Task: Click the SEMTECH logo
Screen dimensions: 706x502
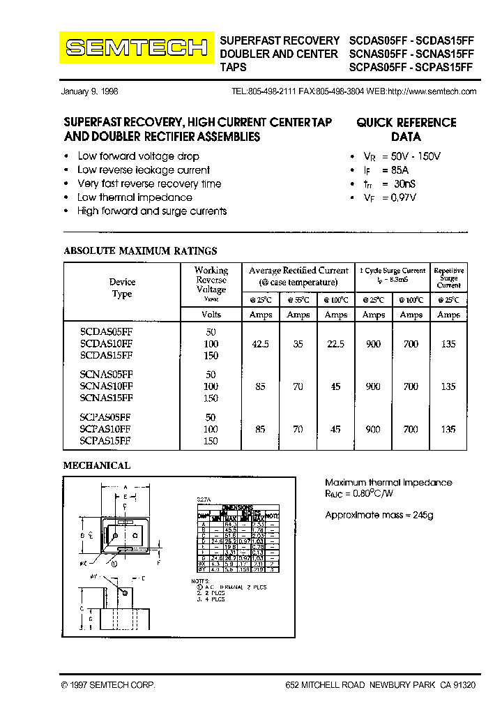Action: point(137,47)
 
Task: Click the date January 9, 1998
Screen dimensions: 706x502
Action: point(90,91)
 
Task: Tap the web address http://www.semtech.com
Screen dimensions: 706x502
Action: point(432,91)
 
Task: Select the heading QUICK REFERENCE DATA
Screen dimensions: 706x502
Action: point(406,130)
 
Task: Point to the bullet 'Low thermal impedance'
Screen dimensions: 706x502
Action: point(135,197)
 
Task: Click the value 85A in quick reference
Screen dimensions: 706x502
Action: point(400,170)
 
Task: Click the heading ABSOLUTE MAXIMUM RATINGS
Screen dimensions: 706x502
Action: point(140,250)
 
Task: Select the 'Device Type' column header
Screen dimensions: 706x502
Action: point(122,288)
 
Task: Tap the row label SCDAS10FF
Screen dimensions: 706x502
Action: point(106,343)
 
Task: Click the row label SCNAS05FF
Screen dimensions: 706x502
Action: point(106,374)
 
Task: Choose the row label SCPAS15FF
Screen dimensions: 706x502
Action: point(105,441)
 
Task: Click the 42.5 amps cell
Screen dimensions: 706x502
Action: point(260,343)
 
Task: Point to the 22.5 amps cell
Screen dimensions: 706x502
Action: point(335,343)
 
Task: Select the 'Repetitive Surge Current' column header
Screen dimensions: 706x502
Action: point(448,278)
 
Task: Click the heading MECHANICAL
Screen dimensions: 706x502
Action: point(97,465)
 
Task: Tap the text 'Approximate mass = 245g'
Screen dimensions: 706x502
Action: point(379,515)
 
